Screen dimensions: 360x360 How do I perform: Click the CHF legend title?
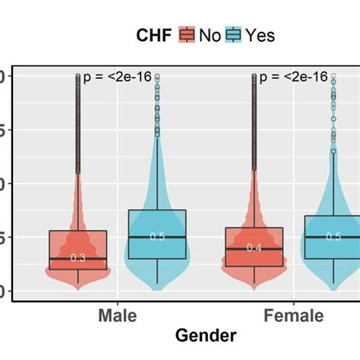pyautogui.click(x=156, y=34)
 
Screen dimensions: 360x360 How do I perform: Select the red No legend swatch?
pyautogui.click(x=187, y=34)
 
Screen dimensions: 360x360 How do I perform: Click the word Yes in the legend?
pyautogui.click(x=258, y=34)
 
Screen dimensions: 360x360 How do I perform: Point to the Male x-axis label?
pyautogui.click(x=117, y=316)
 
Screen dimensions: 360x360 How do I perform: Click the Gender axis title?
pyautogui.click(x=205, y=336)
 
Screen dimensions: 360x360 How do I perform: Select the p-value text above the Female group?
pyautogui.click(x=294, y=77)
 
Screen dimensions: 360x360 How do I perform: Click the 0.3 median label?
pyautogui.click(x=78, y=258)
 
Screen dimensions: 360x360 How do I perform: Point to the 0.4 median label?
pyautogui.click(x=254, y=248)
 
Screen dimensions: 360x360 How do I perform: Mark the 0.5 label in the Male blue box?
pyautogui.click(x=157, y=237)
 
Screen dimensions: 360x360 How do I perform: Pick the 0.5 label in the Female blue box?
pyautogui.click(x=333, y=237)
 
